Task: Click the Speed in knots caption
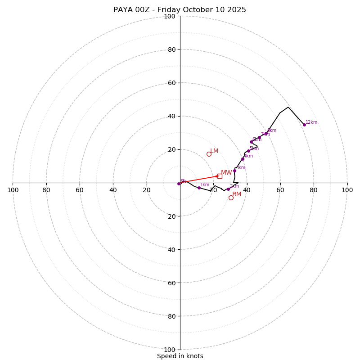click(180, 356)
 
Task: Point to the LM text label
click(214, 151)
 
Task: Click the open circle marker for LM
click(209, 154)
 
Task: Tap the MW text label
click(226, 173)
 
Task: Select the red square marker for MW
click(220, 176)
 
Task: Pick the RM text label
click(237, 194)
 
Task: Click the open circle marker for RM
click(231, 198)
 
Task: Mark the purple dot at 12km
click(304, 125)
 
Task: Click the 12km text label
click(311, 122)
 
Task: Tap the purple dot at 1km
click(199, 188)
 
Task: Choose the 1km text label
click(205, 185)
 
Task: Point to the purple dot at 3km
click(234, 171)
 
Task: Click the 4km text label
click(248, 156)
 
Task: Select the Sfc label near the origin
click(183, 181)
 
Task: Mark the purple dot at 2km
click(228, 189)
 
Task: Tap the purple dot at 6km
click(251, 142)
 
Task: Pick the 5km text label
click(254, 148)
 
